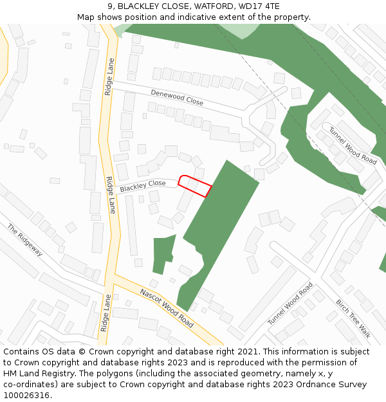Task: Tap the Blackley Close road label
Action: point(143,186)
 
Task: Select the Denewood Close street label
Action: point(177,98)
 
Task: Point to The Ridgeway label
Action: point(25,240)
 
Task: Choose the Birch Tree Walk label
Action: point(353,318)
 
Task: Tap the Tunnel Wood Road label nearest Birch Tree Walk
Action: point(291,303)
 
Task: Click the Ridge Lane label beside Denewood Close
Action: point(110,77)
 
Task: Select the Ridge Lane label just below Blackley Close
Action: point(111,195)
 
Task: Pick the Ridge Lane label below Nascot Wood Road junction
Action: point(106,313)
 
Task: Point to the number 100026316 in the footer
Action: point(28,396)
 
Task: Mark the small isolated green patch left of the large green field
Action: point(163,254)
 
